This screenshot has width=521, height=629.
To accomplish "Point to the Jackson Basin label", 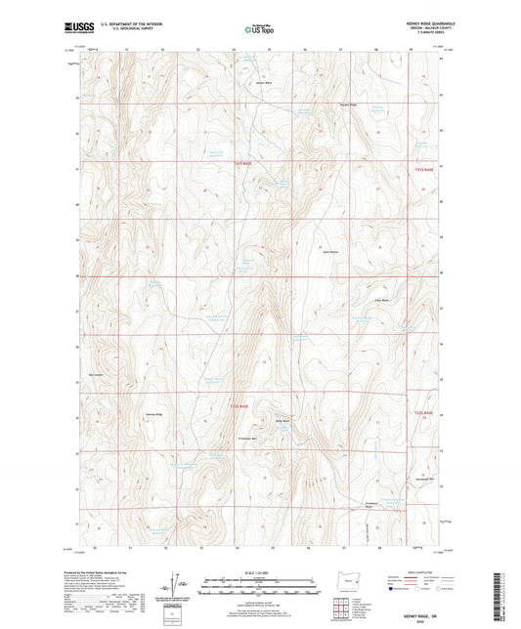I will coord(262,82).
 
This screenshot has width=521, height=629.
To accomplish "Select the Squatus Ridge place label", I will coord(348,104).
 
